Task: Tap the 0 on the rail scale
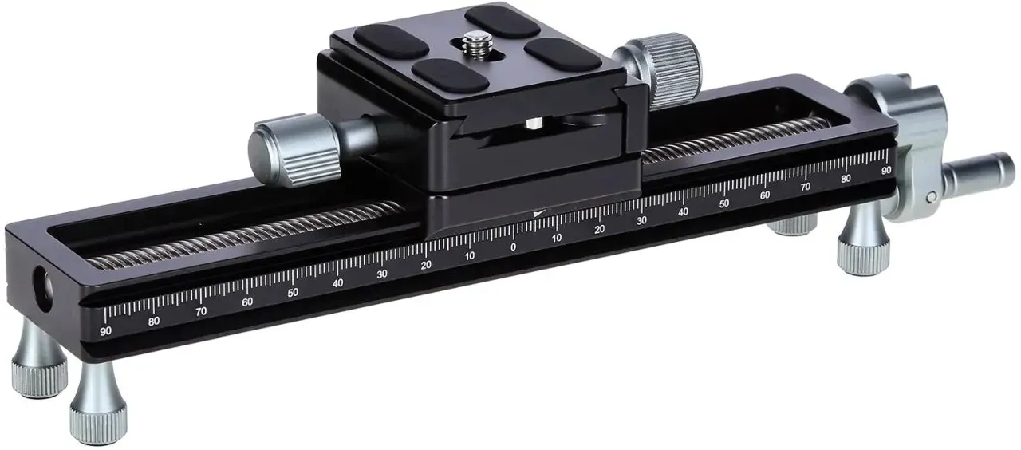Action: pos(513,247)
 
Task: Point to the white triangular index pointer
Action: pos(539,213)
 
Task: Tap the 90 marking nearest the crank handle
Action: pos(886,171)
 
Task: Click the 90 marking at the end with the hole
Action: pos(105,331)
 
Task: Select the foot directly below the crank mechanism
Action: pos(863,242)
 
